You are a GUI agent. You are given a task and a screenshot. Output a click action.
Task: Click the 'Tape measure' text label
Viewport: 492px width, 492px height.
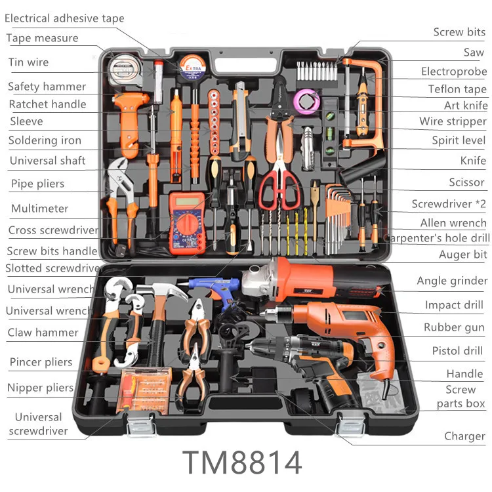42,38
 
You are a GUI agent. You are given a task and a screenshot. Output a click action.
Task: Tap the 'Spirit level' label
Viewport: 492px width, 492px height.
459,140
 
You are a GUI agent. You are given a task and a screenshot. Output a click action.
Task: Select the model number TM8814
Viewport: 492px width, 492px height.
242,462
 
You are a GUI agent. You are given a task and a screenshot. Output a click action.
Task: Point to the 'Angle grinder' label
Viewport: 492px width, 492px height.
452,281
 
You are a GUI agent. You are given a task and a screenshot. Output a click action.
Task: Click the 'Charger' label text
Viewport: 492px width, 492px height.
464,436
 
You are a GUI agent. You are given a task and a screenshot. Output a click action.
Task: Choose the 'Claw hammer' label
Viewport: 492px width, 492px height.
43,333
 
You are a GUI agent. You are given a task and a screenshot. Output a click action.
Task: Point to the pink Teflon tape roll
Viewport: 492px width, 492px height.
306,100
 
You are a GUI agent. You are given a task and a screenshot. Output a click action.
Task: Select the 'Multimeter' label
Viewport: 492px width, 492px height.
39,209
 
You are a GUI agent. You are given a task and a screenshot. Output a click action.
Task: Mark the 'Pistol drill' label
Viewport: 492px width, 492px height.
457,351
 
